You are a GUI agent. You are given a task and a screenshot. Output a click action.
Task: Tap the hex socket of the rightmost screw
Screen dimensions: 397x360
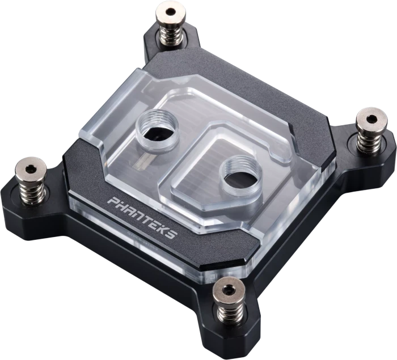point(371,118)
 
